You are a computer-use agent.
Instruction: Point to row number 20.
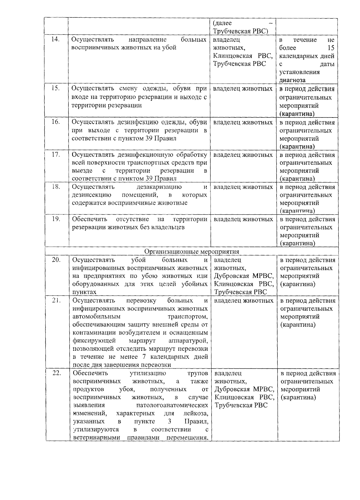(x=56, y=260)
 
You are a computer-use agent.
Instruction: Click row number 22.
(x=57, y=373)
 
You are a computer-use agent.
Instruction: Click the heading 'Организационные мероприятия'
(x=192, y=251)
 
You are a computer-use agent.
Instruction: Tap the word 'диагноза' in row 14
(x=292, y=80)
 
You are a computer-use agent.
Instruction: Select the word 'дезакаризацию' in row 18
(x=159, y=187)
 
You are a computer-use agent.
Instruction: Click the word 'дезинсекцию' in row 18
(x=91, y=195)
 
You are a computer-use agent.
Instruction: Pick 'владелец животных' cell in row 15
(x=243, y=89)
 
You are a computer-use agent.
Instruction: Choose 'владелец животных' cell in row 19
(x=243, y=219)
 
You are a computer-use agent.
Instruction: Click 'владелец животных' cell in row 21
(x=244, y=301)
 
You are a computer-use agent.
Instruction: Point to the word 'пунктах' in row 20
(x=84, y=292)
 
